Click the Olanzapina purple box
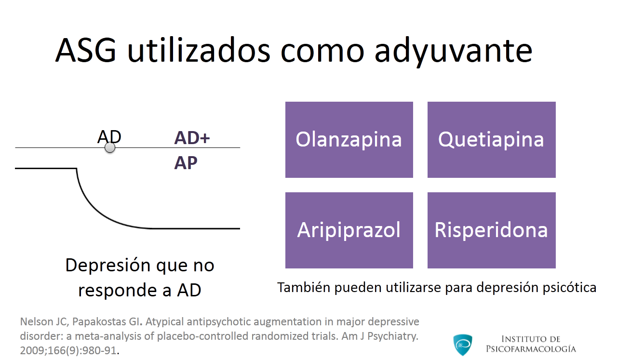click(x=349, y=140)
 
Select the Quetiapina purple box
click(x=491, y=140)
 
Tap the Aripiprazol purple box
click(x=349, y=230)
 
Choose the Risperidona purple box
click(x=491, y=230)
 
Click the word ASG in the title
click(x=86, y=51)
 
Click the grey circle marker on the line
click(x=110, y=147)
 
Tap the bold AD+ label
click(x=192, y=138)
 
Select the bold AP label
click(x=186, y=162)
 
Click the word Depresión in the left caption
click(x=108, y=266)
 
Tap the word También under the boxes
click(x=304, y=287)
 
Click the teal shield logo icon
click(x=463, y=345)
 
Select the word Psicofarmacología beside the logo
click(x=531, y=349)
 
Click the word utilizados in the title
click(x=199, y=51)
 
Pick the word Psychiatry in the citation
click(x=393, y=336)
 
